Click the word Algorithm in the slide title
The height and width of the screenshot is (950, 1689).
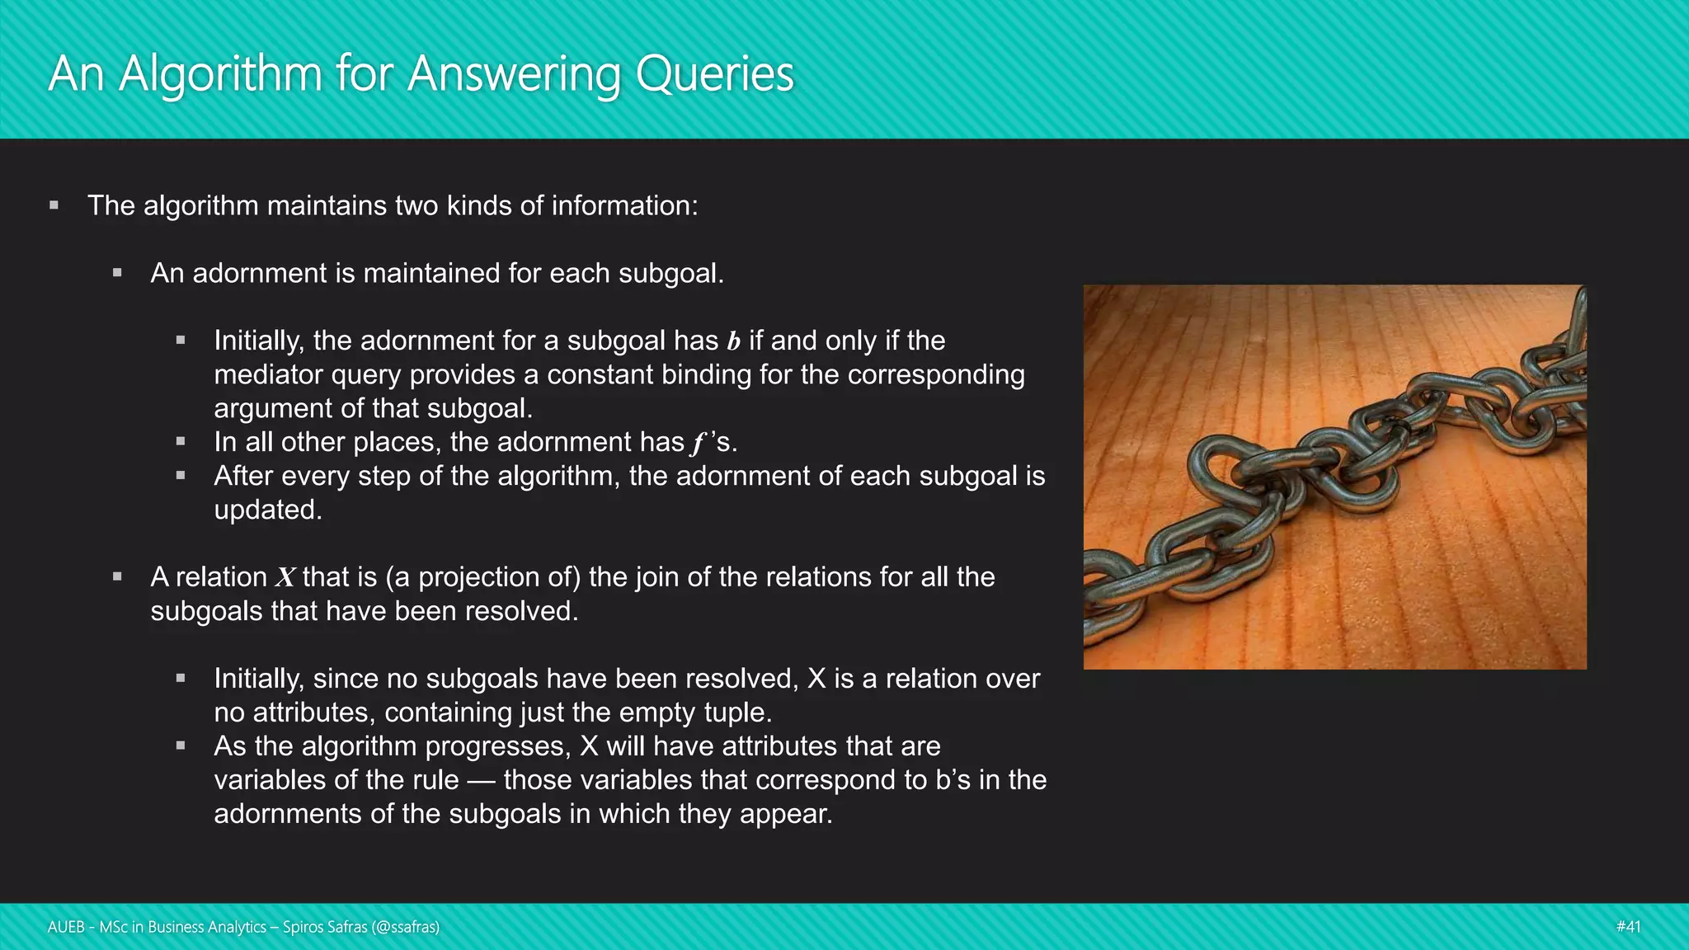pos(219,74)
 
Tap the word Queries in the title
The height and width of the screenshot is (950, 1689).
pos(714,74)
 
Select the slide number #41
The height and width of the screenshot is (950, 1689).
pos(1628,927)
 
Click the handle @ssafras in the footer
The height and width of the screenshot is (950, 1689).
pos(405,927)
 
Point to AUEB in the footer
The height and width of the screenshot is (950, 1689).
pos(66,927)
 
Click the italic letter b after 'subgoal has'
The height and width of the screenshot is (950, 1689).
pos(733,341)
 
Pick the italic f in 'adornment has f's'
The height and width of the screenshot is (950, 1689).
pos(699,443)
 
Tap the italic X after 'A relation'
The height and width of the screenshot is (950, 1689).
pos(285,577)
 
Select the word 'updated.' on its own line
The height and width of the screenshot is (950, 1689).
pos(268,510)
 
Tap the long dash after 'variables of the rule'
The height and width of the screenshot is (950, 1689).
pos(481,780)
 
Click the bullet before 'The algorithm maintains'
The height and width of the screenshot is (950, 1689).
pos(54,205)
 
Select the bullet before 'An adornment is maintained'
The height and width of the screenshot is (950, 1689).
pos(117,273)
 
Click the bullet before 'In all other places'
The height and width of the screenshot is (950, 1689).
pos(181,442)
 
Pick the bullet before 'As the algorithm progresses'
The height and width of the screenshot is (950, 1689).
pos(181,746)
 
